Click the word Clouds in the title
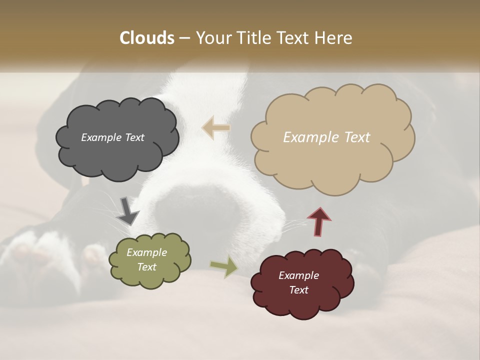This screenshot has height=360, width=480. pos(147,38)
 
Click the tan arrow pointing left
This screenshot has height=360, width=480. pos(216,127)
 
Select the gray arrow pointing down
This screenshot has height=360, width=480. pos(127,211)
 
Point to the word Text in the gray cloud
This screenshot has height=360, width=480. pos(134,137)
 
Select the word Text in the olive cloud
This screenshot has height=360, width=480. pos(146,267)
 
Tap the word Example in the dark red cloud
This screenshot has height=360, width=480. pos(298,275)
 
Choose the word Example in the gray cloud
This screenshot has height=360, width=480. pos(100,137)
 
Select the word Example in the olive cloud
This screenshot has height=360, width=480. pos(146,252)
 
